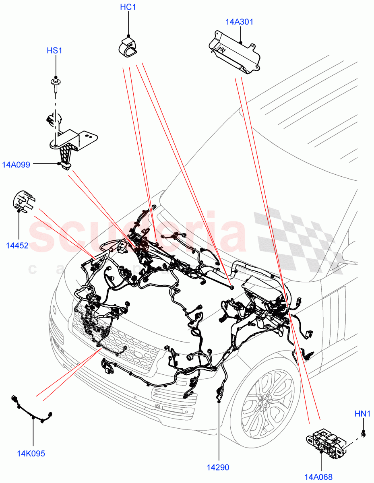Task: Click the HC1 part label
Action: pyautogui.click(x=128, y=7)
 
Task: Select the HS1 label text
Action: pyautogui.click(x=55, y=50)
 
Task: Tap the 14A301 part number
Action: pyautogui.click(x=239, y=22)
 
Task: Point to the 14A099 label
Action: pyautogui.click(x=16, y=164)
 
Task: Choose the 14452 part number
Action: pyautogui.click(x=17, y=246)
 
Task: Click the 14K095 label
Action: pyautogui.click(x=31, y=454)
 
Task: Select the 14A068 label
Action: pyautogui.click(x=318, y=477)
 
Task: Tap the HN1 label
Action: pyautogui.click(x=362, y=413)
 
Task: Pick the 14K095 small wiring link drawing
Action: pyautogui.click(x=32, y=410)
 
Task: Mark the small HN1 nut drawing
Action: pyautogui.click(x=363, y=434)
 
